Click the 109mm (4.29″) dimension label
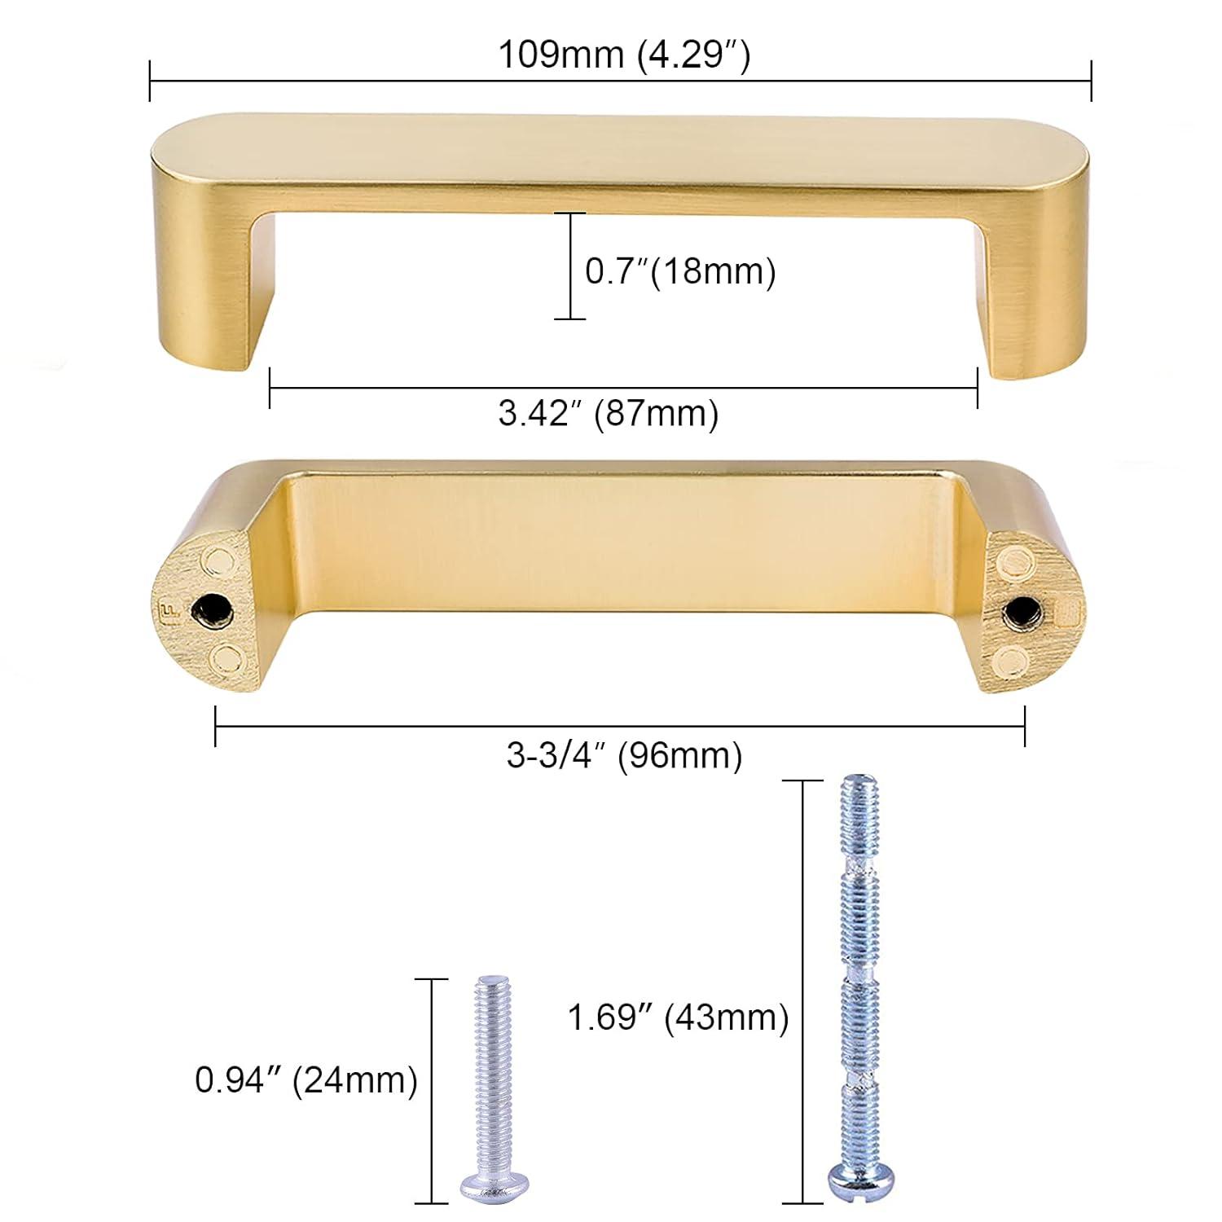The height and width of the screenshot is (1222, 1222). tap(623, 57)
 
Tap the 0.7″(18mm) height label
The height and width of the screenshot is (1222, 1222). tap(680, 271)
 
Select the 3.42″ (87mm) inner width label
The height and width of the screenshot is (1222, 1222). tap(609, 414)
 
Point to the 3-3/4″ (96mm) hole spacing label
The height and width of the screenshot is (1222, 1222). tap(624, 756)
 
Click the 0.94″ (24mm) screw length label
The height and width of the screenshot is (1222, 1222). tap(306, 1081)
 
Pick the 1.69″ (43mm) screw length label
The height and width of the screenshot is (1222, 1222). tap(678, 1018)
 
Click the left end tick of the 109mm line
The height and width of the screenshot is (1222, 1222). tap(150, 81)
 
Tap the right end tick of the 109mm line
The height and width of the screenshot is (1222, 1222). tap(1091, 81)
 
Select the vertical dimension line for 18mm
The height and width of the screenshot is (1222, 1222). tap(569, 266)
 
